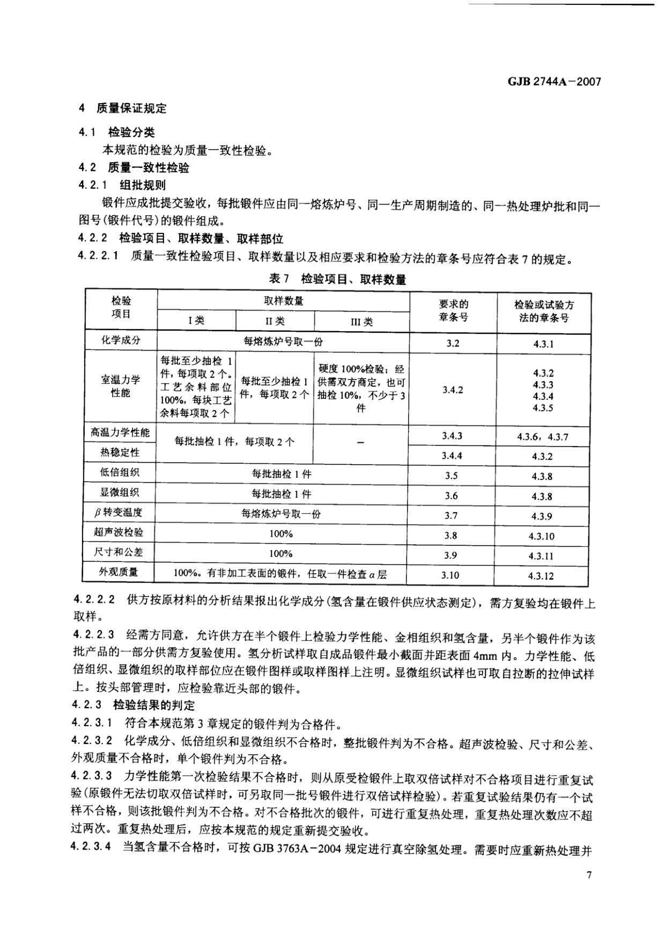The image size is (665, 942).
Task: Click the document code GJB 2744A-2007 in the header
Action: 554,82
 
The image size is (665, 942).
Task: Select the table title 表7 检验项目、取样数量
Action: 337,279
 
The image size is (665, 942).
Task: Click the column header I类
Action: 196,320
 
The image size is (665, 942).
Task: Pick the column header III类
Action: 361,322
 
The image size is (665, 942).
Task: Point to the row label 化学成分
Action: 121,340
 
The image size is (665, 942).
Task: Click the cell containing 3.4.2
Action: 453,390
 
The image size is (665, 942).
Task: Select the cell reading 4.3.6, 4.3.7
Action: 543,437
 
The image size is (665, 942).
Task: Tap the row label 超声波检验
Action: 119,532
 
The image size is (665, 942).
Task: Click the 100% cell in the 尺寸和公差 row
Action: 280,553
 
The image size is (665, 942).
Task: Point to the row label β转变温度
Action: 119,513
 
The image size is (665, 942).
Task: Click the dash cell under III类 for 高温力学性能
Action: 360,443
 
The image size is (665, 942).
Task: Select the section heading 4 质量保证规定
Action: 123,108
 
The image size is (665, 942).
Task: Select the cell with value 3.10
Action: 450,575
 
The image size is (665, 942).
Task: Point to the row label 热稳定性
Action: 120,452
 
